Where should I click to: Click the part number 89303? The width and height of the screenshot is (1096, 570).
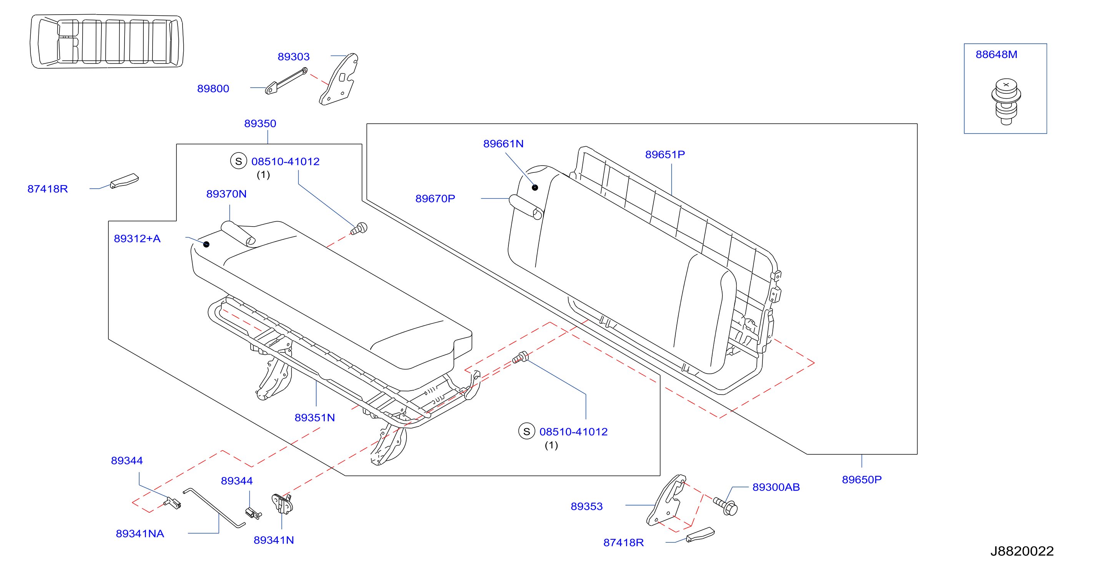pyautogui.click(x=294, y=56)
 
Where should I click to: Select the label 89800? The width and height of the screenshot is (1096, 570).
pyautogui.click(x=213, y=88)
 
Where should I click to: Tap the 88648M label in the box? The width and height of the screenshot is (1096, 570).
pyautogui.click(x=996, y=55)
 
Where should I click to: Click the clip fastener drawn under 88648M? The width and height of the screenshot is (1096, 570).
pyautogui.click(x=1006, y=102)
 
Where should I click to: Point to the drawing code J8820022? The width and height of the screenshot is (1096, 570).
pyautogui.click(x=1022, y=551)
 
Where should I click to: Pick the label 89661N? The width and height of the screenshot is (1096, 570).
pyautogui.click(x=503, y=144)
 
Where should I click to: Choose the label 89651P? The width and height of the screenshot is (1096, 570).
pyautogui.click(x=665, y=154)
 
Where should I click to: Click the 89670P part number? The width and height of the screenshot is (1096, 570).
pyautogui.click(x=435, y=199)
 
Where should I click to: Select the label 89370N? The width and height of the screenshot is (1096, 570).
pyautogui.click(x=226, y=194)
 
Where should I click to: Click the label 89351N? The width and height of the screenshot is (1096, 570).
pyautogui.click(x=315, y=418)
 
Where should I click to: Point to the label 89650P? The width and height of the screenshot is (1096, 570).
pyautogui.click(x=862, y=480)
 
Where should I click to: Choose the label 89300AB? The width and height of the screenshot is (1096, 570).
pyautogui.click(x=776, y=487)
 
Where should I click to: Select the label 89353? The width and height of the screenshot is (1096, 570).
pyautogui.click(x=587, y=507)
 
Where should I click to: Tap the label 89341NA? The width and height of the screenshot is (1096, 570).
pyautogui.click(x=140, y=534)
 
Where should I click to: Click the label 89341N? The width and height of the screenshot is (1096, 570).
pyautogui.click(x=274, y=540)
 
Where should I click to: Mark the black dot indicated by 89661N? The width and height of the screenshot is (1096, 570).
pyautogui.click(x=535, y=187)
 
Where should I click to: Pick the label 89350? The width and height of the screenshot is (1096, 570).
pyautogui.click(x=260, y=124)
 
